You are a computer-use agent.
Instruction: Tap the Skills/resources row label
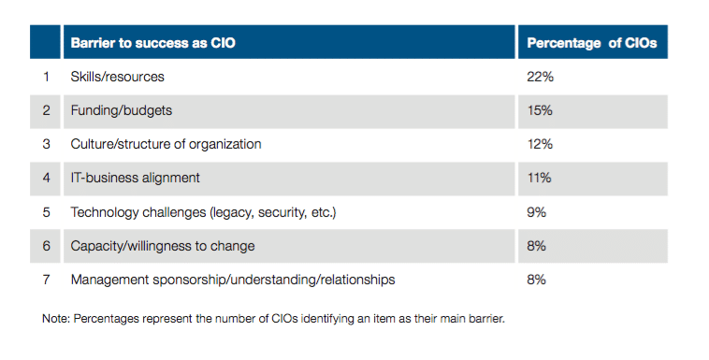(x=117, y=77)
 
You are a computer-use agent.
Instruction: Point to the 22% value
(x=540, y=77)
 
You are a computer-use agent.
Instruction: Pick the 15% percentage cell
(x=540, y=110)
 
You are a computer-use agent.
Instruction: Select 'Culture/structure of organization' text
(x=166, y=144)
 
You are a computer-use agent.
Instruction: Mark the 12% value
(x=540, y=144)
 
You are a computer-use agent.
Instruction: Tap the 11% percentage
(x=539, y=178)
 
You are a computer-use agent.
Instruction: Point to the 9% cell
(x=536, y=212)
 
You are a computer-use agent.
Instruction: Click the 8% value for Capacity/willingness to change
(x=536, y=246)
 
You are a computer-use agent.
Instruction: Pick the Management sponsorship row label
(x=232, y=280)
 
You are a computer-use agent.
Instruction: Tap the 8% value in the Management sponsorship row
(x=536, y=280)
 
